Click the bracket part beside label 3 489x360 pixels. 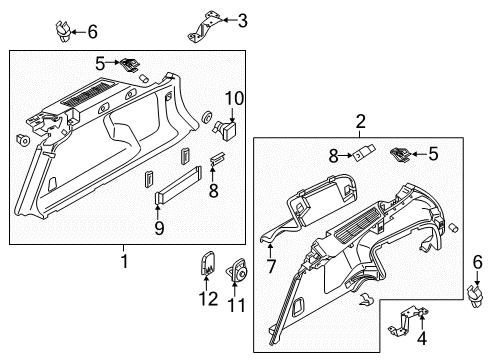[x=203, y=25]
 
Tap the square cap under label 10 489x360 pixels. [x=230, y=127]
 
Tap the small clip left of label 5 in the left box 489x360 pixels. [x=132, y=64]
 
